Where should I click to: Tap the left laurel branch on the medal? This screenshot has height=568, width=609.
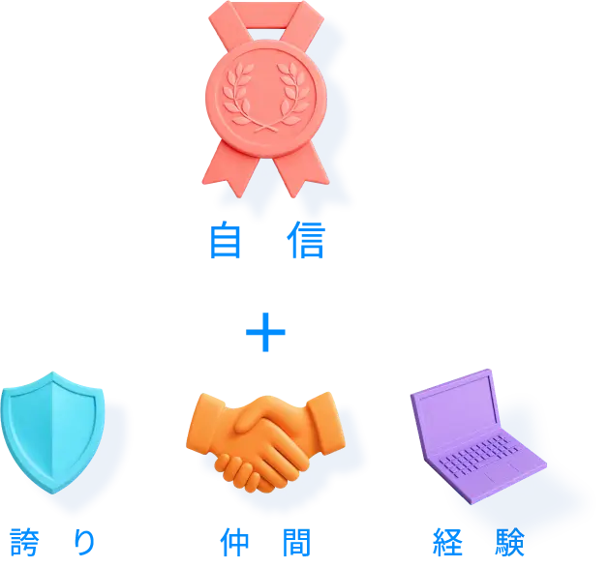click(x=235, y=94)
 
